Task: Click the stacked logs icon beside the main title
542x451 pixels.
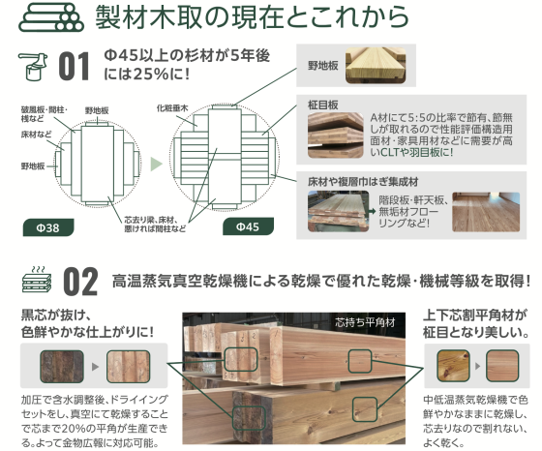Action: pos(51,18)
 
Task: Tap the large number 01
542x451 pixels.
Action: pos(74,67)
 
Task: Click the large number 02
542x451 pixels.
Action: pos(80,282)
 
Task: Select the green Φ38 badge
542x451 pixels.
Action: pos(48,227)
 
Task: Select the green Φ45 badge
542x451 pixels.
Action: pos(248,226)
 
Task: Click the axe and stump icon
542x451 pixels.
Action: pos(33,67)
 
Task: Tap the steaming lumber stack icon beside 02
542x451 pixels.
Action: pos(37,280)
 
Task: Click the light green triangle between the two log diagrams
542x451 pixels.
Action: pos(156,164)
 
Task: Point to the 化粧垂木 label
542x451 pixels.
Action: pos(172,108)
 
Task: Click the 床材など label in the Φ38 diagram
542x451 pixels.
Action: pos(37,135)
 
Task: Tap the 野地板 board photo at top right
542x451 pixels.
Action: pos(376,65)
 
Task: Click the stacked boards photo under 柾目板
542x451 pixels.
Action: pos(336,135)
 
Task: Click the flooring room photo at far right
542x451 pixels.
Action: pos(486,212)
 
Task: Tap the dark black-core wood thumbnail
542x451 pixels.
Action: pos(62,367)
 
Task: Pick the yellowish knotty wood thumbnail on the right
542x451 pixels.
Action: pos(453,366)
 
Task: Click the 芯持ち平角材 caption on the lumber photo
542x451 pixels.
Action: pos(365,322)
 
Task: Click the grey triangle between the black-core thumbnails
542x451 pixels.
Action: pos(95,367)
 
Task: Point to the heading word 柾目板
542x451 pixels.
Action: pos(323,105)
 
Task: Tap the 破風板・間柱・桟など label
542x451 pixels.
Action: pos(45,114)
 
